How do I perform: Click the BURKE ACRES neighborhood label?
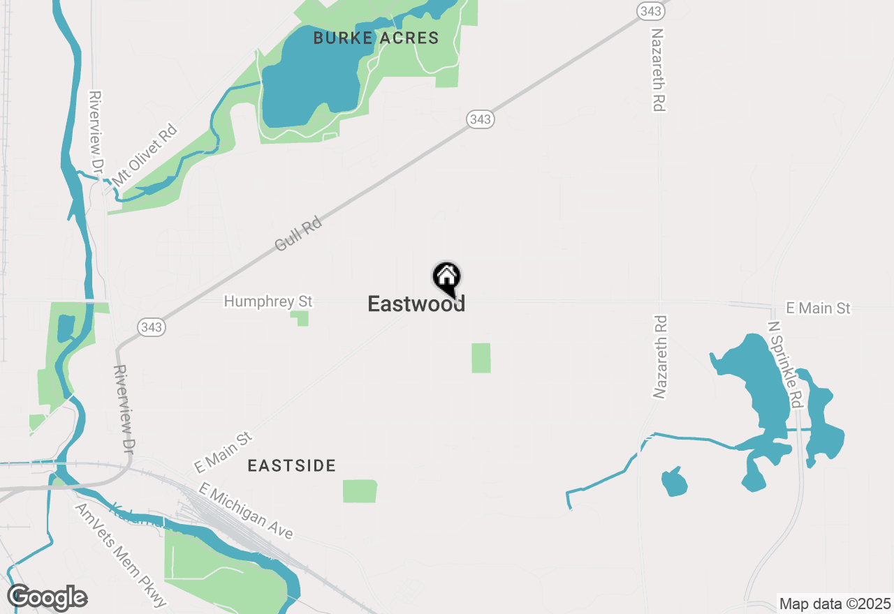[376, 38]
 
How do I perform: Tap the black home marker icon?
[447, 278]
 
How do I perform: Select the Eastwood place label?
[416, 304]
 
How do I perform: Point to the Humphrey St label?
[268, 301]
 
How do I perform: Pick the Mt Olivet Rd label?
[145, 155]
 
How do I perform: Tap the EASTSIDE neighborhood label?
[292, 466]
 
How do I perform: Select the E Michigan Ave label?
[246, 511]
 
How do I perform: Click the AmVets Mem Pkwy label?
[121, 555]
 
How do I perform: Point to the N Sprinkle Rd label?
[785, 365]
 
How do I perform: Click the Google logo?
[47, 597]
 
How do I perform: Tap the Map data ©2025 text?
[835, 604]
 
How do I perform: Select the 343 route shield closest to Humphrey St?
[151, 327]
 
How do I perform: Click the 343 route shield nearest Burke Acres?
[481, 119]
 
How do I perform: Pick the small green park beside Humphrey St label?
[301, 318]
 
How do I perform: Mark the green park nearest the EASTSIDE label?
[360, 491]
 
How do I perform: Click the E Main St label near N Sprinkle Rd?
[819, 308]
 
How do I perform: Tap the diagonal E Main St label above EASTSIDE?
[223, 452]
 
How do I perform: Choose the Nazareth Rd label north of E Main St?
[658, 70]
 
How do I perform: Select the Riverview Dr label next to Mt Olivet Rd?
[96, 133]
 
